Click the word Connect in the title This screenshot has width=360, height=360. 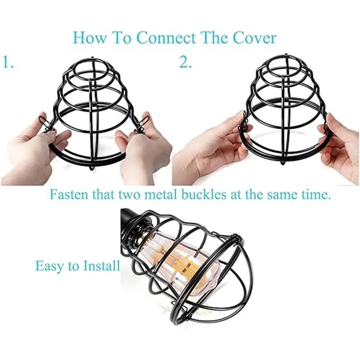click(x=167, y=38)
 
